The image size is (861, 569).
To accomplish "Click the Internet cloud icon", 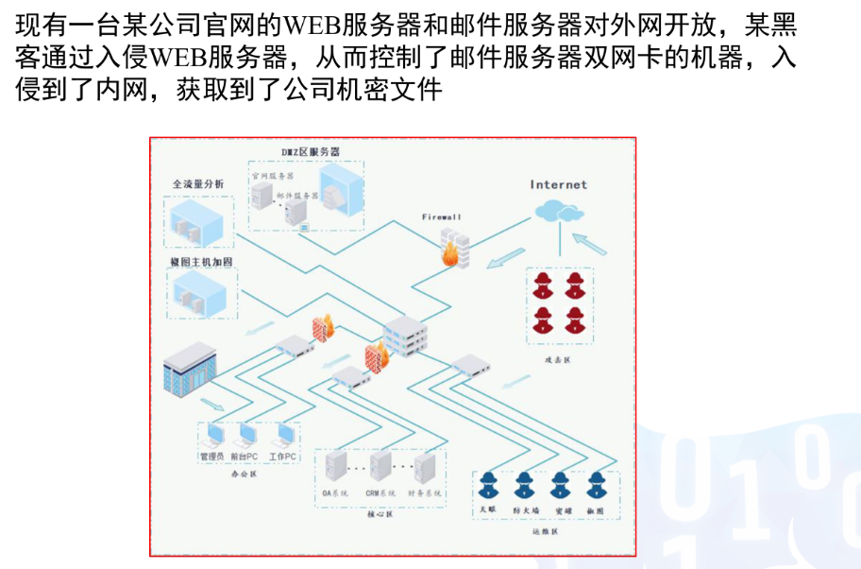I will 559,214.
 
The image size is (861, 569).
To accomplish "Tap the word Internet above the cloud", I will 558,185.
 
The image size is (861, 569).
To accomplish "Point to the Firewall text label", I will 441,217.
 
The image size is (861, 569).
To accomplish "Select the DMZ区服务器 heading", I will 311,151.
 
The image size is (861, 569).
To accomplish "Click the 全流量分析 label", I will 198,183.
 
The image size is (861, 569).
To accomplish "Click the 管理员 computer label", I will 212,457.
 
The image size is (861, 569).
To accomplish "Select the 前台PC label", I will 245,457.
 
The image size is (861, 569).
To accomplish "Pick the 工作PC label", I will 282,457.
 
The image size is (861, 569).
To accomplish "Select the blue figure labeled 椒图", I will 595,485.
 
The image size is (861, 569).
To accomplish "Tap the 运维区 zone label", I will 539,532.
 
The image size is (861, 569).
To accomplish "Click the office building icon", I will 189,370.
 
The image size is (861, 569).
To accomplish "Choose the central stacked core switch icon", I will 405,335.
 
